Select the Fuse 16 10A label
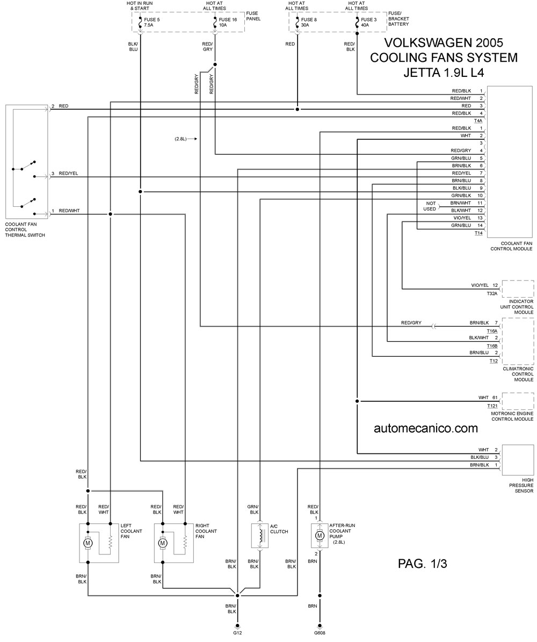[x=228, y=22]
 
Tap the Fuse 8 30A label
[x=309, y=22]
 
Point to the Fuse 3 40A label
[x=368, y=22]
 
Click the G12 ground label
[x=237, y=632]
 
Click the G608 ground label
[x=320, y=632]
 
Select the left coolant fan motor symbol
[x=88, y=543]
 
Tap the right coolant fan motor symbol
[x=163, y=543]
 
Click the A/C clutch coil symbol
[x=259, y=535]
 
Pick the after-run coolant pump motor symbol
[x=320, y=536]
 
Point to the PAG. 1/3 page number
[x=423, y=564]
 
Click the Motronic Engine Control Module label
[x=512, y=416]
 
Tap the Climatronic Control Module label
[x=518, y=374]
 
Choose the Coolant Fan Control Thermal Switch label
[x=25, y=230]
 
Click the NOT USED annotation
[x=430, y=206]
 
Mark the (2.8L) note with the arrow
[x=186, y=139]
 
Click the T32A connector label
[x=492, y=293]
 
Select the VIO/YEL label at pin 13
[x=461, y=218]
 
